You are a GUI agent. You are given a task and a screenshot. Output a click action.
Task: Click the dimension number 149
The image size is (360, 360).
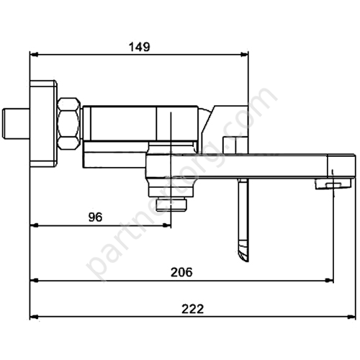click(x=139, y=47)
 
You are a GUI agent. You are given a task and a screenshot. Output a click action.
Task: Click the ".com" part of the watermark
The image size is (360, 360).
click(x=256, y=108)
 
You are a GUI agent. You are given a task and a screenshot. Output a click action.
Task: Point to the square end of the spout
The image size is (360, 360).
click(x=342, y=166)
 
